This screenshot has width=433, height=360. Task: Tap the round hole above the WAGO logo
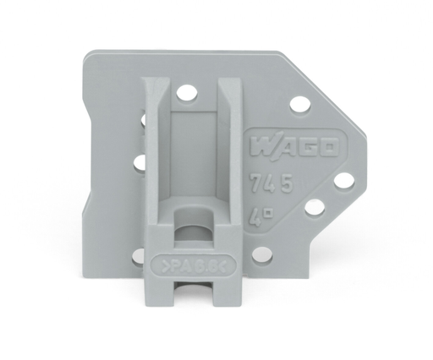[298, 106]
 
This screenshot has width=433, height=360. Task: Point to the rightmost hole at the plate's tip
[343, 180]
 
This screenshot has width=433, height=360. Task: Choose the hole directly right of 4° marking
[314, 207]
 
